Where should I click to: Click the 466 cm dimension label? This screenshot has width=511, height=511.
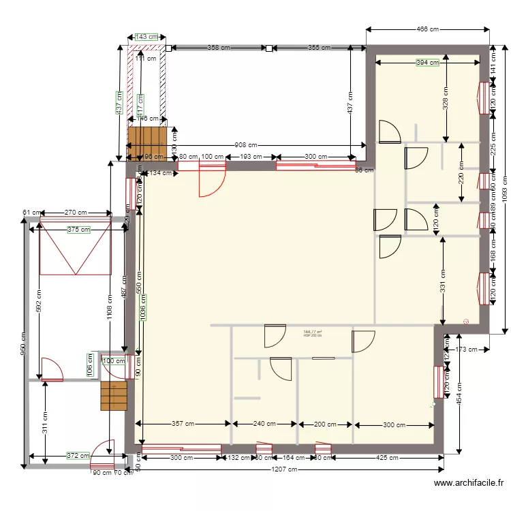point(428,29)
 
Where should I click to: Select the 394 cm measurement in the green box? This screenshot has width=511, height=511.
point(427,63)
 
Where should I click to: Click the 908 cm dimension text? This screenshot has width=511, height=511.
point(246,145)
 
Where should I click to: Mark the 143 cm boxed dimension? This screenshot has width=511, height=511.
point(146,37)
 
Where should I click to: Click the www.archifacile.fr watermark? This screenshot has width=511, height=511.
point(469,483)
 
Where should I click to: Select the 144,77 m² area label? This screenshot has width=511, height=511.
point(313,332)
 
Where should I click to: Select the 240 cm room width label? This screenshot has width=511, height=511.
point(264,424)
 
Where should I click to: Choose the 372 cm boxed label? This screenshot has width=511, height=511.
point(78,455)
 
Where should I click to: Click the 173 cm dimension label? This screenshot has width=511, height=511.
point(465,350)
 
